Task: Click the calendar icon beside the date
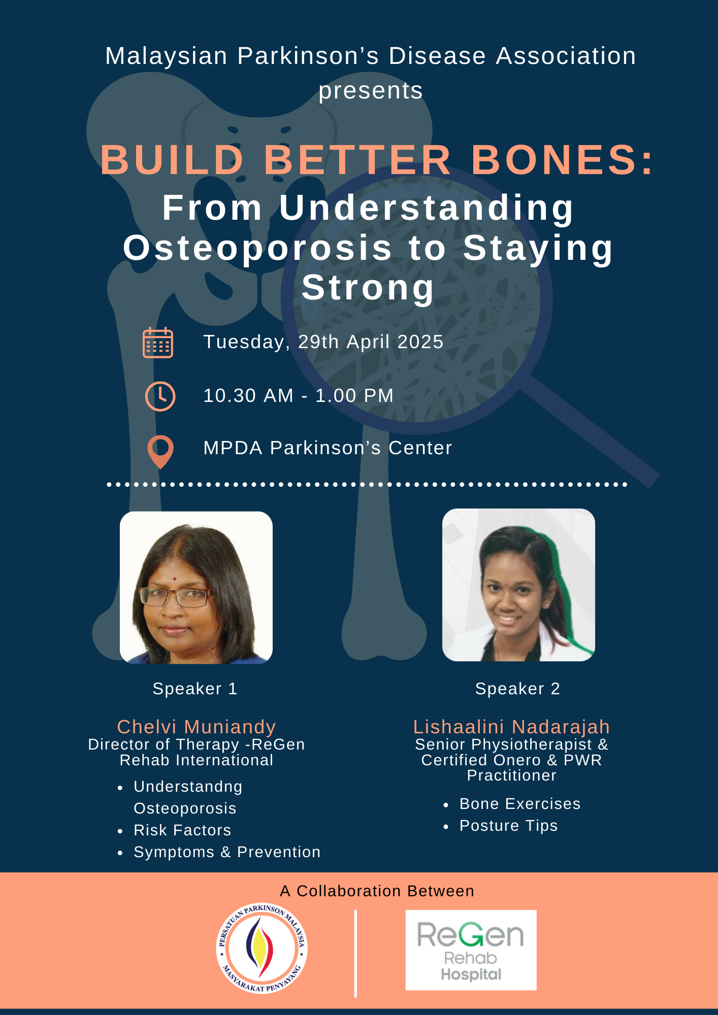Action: (158, 343)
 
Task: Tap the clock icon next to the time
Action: (160, 396)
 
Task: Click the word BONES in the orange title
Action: (563, 160)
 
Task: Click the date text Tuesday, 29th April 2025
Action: (323, 342)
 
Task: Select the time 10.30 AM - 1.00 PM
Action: (299, 396)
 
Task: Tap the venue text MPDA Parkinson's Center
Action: (328, 448)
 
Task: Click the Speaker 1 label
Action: (195, 689)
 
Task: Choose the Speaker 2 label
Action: (517, 689)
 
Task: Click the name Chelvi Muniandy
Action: (197, 727)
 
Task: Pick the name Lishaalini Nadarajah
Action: (511, 727)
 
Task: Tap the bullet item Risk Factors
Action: (182, 830)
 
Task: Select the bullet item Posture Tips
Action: (508, 826)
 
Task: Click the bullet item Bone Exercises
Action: (520, 804)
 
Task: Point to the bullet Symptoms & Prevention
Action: (227, 852)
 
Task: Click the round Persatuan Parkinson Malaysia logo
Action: (262, 949)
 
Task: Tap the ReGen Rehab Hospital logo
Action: (471, 950)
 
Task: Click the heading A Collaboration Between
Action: (377, 891)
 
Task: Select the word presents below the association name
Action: (371, 91)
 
